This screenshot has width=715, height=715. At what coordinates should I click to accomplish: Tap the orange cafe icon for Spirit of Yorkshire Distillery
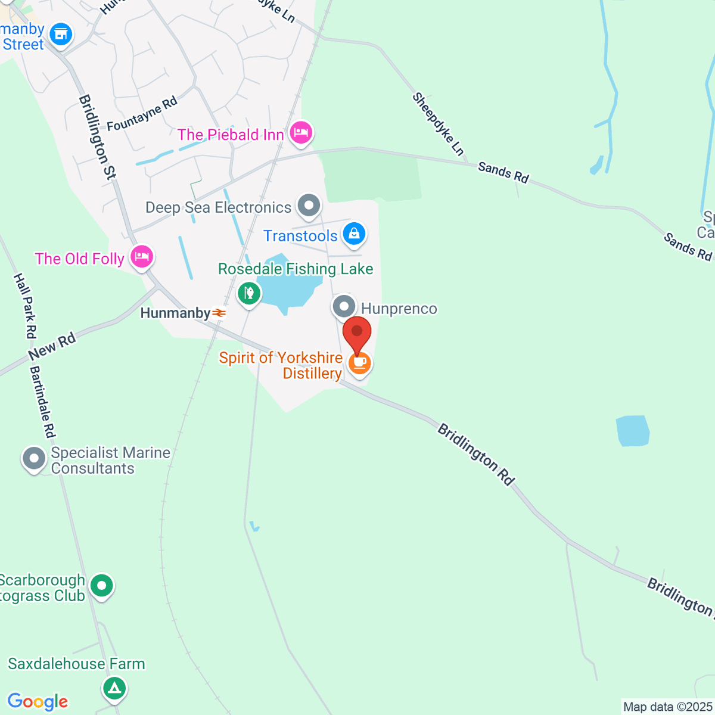pyautogui.click(x=359, y=363)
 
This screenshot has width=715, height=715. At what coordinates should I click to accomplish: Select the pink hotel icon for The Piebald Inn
pyautogui.click(x=301, y=133)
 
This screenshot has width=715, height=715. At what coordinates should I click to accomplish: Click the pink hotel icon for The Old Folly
pyautogui.click(x=142, y=257)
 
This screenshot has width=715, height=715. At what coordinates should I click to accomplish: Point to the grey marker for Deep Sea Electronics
pyautogui.click(x=309, y=206)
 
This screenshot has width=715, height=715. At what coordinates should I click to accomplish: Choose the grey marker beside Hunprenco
pyautogui.click(x=344, y=307)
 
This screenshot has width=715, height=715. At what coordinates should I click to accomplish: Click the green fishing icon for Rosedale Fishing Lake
pyautogui.click(x=249, y=293)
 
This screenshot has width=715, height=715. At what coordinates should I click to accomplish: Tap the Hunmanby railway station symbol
pyautogui.click(x=219, y=313)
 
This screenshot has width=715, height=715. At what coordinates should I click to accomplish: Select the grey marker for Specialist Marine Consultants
pyautogui.click(x=34, y=459)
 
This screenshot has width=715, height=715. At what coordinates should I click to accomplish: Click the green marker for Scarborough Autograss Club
pyautogui.click(x=102, y=586)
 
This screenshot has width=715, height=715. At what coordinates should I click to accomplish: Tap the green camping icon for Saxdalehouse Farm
pyautogui.click(x=114, y=688)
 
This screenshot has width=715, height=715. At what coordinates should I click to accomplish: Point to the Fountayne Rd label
pyautogui.click(x=142, y=114)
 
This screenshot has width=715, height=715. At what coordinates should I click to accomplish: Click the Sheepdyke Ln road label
pyautogui.click(x=438, y=124)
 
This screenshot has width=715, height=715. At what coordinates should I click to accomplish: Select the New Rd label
pyautogui.click(x=52, y=347)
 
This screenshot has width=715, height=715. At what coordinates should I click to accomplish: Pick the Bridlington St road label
pyautogui.click(x=97, y=137)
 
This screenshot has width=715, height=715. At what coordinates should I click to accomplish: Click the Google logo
pyautogui.click(x=38, y=702)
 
